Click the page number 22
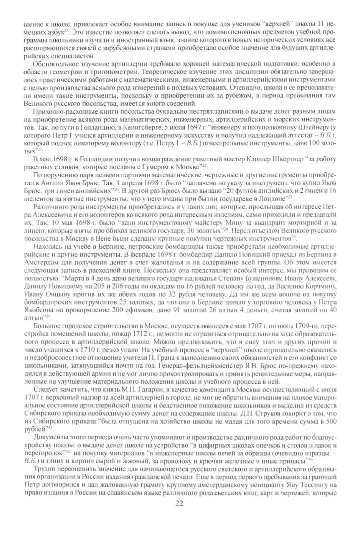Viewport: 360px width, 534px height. coord(180,503)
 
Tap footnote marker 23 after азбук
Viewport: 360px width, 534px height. coord(66,30)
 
